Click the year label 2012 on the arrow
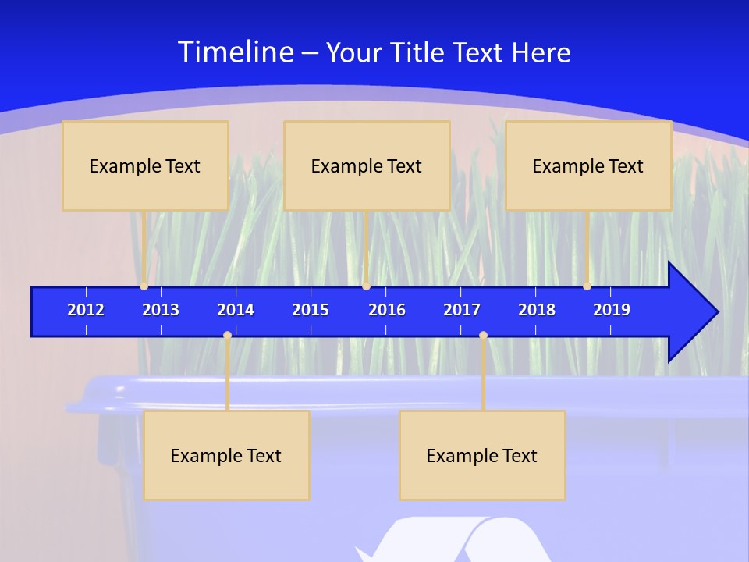[86, 310]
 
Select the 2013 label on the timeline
[161, 310]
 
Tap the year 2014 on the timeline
[236, 310]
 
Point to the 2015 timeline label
[311, 310]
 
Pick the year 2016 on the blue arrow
[387, 310]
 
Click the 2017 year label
[462, 310]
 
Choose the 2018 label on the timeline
[537, 310]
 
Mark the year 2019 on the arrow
[612, 310]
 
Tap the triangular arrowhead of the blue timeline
[690, 312]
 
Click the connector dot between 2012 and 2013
[144, 286]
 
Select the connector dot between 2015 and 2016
[366, 286]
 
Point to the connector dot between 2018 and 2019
[587, 286]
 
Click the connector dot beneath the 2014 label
[227, 336]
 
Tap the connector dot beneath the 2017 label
[483, 336]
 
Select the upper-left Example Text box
[145, 166]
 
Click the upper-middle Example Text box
[367, 166]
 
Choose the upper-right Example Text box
[588, 166]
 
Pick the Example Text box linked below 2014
[226, 456]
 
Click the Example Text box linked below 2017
[482, 456]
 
